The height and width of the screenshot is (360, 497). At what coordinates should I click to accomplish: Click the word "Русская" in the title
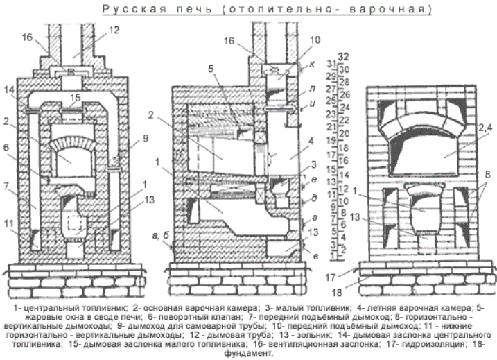[x=128, y=9]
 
